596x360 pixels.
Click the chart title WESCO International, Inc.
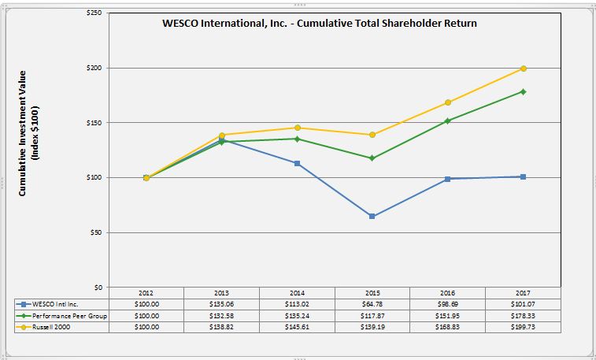click(x=318, y=23)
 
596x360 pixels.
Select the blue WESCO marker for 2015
click(x=372, y=216)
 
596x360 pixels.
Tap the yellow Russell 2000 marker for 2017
click(x=523, y=69)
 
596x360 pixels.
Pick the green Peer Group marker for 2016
click(x=447, y=121)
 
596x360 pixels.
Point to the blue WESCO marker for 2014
click(x=297, y=163)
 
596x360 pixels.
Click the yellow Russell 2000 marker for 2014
click(x=297, y=128)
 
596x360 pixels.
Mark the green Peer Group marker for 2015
click(x=372, y=158)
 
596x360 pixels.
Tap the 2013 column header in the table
click(x=221, y=292)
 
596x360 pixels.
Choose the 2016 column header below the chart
click(x=447, y=292)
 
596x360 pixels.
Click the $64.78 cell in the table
click(x=372, y=303)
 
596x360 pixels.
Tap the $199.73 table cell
click(x=523, y=326)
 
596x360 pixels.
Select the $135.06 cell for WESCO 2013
click(x=221, y=303)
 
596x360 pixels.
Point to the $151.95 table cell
click(x=447, y=315)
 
